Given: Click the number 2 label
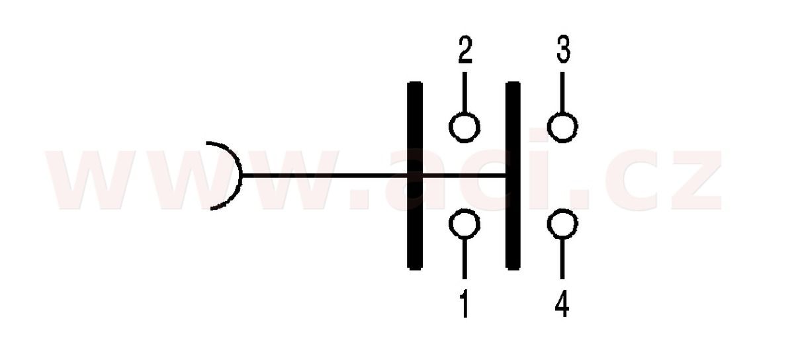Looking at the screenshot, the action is pos(465,50).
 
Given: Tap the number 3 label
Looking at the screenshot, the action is pos(563,49).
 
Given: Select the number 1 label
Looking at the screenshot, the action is pos(464,303).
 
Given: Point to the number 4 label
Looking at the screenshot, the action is pos(562,303).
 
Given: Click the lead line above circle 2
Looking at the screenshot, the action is pos(464,93).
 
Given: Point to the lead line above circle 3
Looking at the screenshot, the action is pos(562,93).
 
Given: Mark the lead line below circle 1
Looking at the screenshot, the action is pos(464,258).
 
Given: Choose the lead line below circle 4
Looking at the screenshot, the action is pos(562,259).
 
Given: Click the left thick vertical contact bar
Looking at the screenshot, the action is pos(415,175).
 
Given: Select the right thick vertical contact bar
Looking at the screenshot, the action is pos(513,175).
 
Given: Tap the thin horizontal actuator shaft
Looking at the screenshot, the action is pos(374,175).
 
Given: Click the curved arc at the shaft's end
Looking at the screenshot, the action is pos(241,175).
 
